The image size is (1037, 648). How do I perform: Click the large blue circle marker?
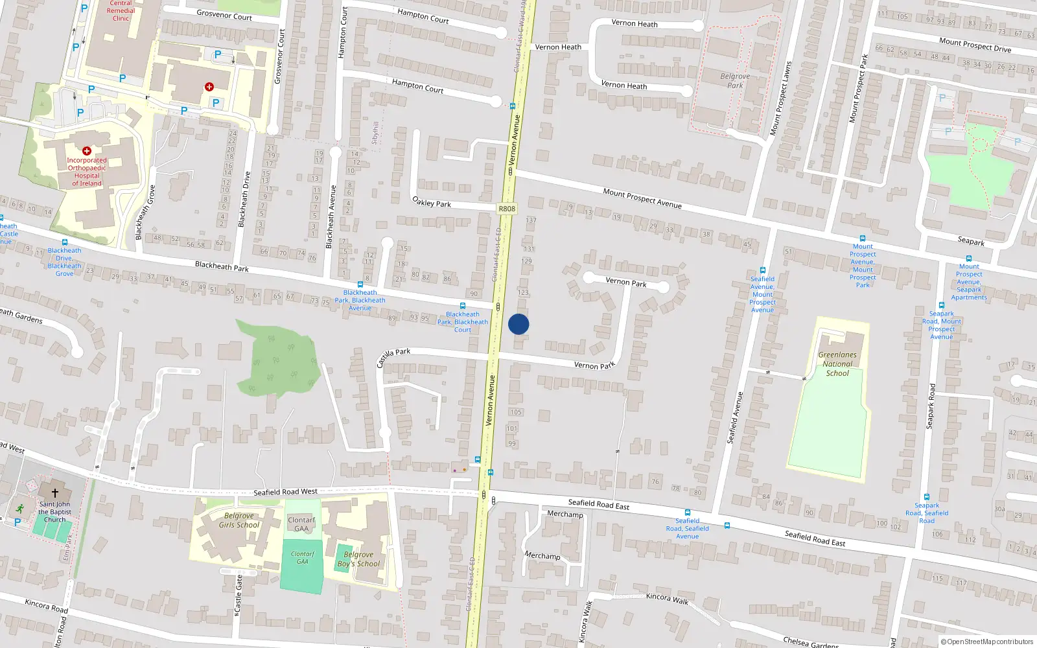[x=518, y=324]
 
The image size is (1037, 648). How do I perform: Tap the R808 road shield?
[x=507, y=209]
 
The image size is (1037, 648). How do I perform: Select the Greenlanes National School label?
[x=837, y=364]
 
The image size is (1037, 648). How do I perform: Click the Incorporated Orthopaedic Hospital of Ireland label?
[x=87, y=172]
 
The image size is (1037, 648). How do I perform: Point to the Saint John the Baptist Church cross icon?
[x=55, y=493]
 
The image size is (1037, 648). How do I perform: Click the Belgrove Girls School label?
[x=239, y=520]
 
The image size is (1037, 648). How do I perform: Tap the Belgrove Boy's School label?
[x=358, y=559]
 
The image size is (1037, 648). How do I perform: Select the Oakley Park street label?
[x=432, y=202]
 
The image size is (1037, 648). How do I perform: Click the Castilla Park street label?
[x=393, y=356]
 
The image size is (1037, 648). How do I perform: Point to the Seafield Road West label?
[x=285, y=492]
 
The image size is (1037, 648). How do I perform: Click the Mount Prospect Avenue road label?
[x=642, y=198]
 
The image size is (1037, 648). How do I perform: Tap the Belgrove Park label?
[x=735, y=80]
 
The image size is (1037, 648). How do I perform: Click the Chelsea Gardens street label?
[x=811, y=642]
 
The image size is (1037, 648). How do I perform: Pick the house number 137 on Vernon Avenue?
[x=531, y=220]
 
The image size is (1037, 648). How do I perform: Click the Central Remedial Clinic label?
[x=121, y=10]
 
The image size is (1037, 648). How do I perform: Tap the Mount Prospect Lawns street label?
[x=780, y=98]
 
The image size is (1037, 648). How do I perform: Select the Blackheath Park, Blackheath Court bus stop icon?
[x=463, y=306]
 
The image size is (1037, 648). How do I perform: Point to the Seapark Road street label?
[x=931, y=406]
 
